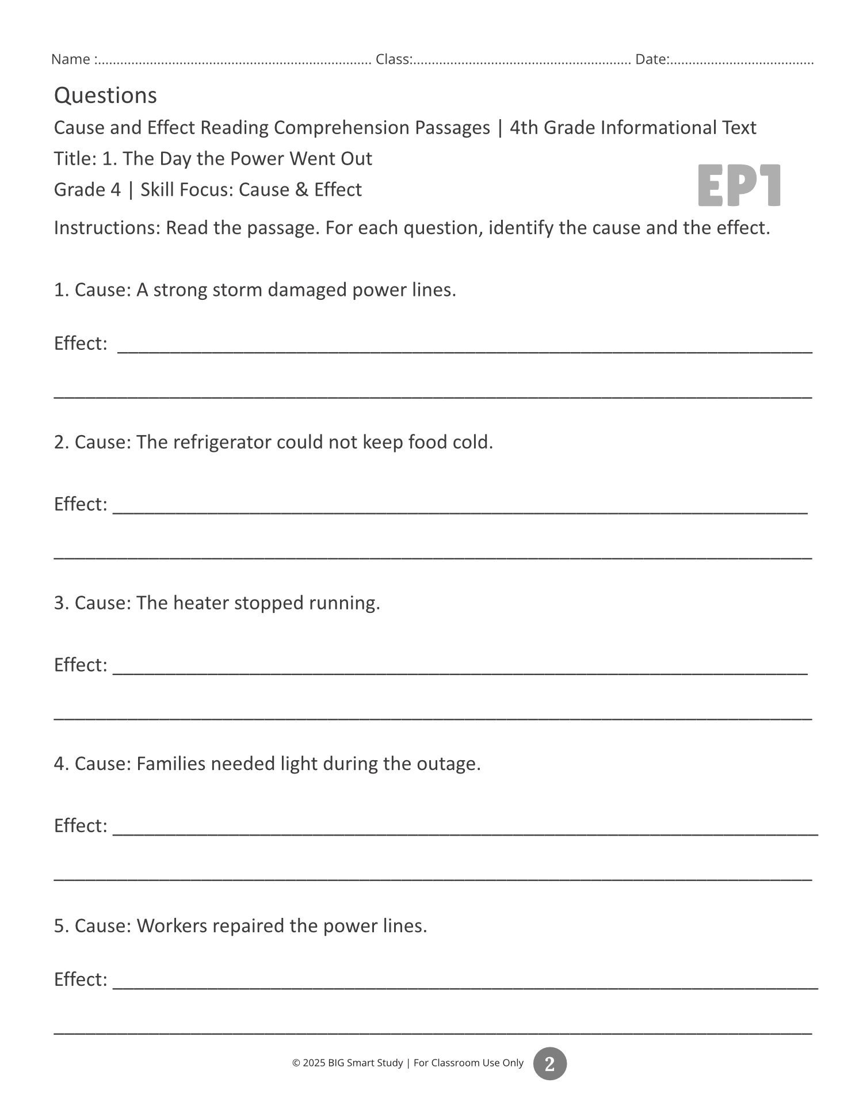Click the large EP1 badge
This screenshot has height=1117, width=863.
click(739, 185)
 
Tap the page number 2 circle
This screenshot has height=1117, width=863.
click(549, 1063)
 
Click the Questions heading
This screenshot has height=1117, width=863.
click(105, 96)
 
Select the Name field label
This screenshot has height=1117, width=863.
click(70, 59)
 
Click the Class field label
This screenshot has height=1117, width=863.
click(393, 59)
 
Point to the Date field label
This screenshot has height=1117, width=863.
click(651, 59)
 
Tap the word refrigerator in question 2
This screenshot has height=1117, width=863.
click(222, 442)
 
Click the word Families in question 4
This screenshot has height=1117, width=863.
click(171, 764)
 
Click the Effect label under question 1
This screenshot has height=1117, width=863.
click(80, 343)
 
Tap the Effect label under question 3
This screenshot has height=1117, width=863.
click(80, 665)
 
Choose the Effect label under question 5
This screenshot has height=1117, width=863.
click(80, 979)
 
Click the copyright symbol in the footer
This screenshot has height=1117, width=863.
click(296, 1063)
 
